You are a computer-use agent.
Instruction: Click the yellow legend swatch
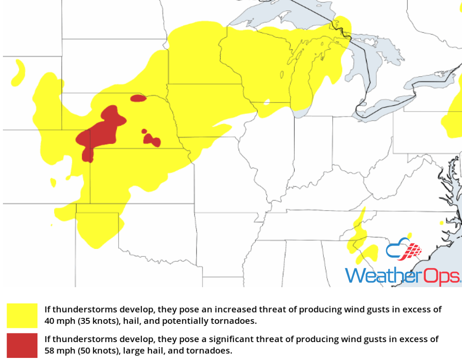(x=22, y=315)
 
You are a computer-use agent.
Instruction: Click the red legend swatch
(x=22, y=345)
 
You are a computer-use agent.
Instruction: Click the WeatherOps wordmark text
(x=402, y=276)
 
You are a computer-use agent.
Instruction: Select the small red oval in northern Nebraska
(x=139, y=99)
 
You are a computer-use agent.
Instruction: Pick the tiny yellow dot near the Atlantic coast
(x=442, y=223)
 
